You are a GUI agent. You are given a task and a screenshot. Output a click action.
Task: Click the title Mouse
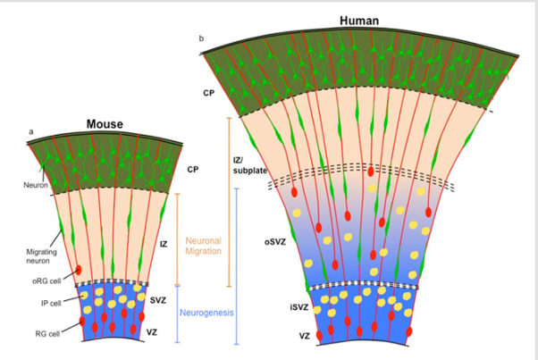[x=105, y=124]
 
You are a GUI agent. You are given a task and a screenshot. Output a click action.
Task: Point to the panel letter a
[x=30, y=131]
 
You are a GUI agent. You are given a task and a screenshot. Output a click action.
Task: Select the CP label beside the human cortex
[x=208, y=92]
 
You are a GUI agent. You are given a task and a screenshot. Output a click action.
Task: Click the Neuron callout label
[x=34, y=186]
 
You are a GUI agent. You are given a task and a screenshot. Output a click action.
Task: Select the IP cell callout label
[x=50, y=303]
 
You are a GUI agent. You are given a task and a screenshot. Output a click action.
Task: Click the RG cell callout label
[x=49, y=334]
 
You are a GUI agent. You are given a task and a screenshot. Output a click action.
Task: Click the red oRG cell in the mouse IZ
[x=80, y=270]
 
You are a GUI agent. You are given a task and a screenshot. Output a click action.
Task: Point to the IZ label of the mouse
[x=164, y=243]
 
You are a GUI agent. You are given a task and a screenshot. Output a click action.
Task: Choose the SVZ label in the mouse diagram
[x=158, y=300]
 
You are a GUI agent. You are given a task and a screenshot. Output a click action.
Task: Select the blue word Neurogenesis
[x=206, y=314]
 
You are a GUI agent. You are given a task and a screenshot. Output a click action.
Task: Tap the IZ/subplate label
[x=250, y=165]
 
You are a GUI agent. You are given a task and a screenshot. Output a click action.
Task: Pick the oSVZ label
[x=275, y=241]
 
